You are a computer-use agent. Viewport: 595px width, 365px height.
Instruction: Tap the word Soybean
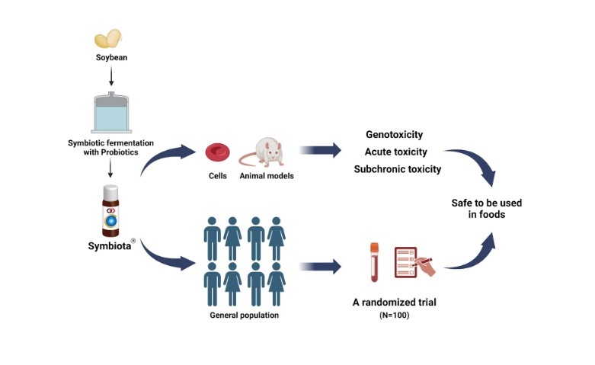pos(111,58)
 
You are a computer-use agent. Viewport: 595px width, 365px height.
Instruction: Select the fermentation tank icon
pos(112,112)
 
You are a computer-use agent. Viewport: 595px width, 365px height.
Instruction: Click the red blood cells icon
pos(217,151)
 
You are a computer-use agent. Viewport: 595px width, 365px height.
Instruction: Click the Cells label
pos(218,176)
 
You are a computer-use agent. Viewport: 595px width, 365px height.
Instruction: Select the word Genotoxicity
pos(394,134)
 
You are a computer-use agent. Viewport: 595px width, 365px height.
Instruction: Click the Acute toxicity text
pos(395,152)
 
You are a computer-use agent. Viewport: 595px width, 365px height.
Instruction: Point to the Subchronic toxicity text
pos(397,169)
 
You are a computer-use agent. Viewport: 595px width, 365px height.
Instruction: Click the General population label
pos(244,315)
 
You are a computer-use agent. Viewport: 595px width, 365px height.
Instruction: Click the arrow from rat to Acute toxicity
pos(320,151)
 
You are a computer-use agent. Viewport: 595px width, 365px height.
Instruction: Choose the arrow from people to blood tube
pos(320,267)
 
